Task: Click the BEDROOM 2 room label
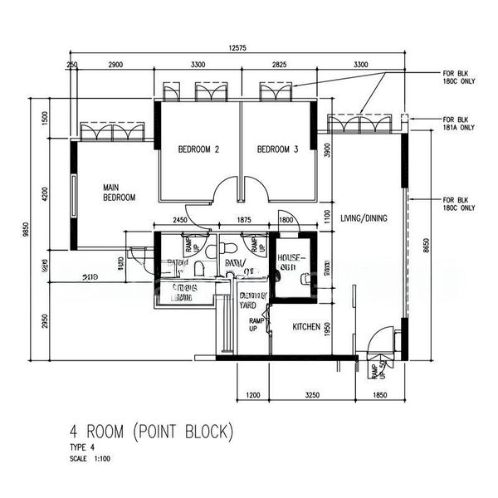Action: (198, 150)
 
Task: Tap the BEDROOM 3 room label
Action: (277, 150)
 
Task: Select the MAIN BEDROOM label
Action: (119, 193)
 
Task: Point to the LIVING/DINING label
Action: (364, 217)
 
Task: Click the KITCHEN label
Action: (306, 328)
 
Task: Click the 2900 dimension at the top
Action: (116, 64)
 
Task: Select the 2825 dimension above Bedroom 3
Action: (275, 64)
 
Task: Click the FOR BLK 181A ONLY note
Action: (459, 124)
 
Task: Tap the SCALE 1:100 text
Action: (90, 457)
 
